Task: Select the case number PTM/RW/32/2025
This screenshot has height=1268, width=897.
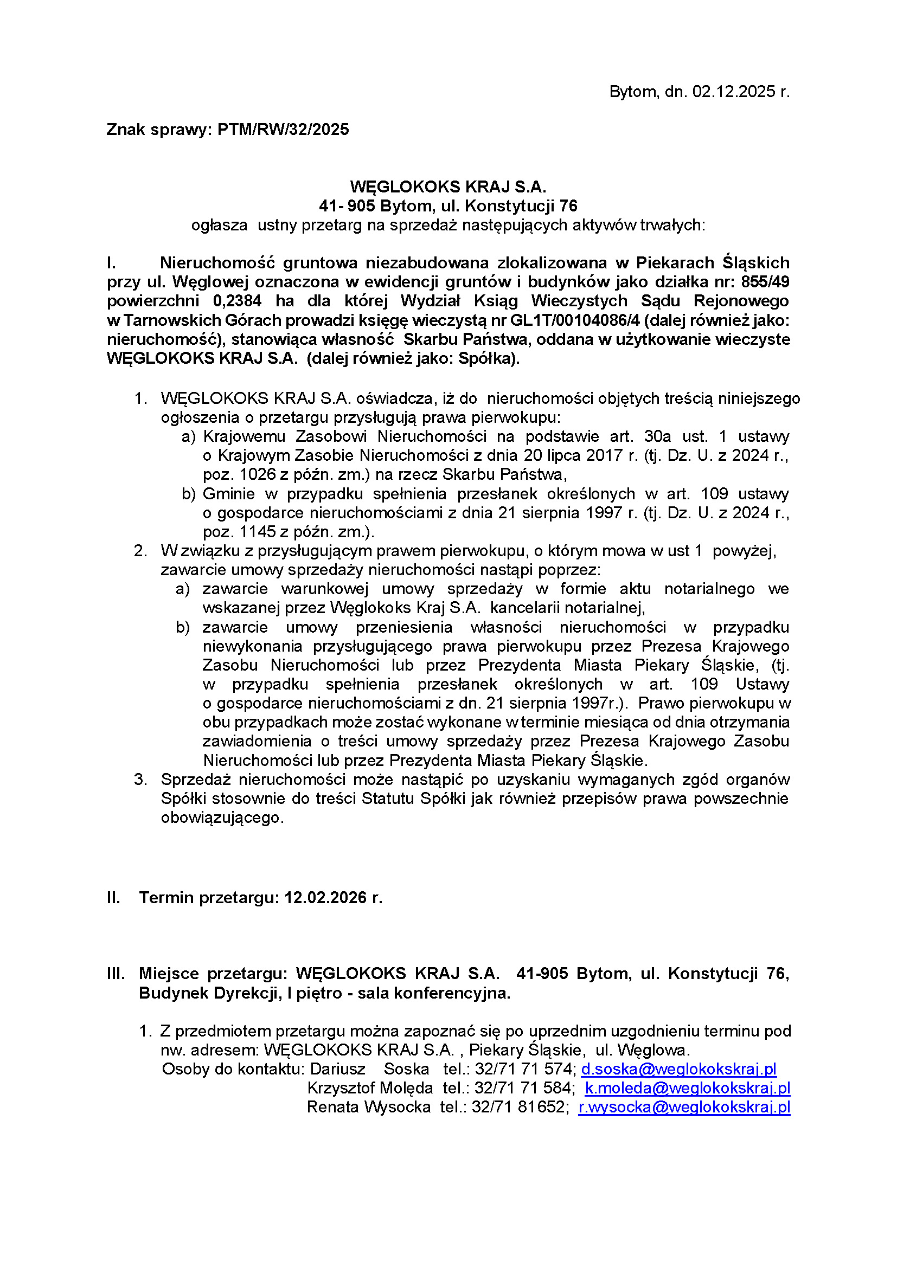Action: [x=283, y=130]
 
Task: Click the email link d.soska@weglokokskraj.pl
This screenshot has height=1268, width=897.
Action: [x=678, y=1069]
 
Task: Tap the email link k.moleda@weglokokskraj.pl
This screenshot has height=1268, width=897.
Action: [x=687, y=1088]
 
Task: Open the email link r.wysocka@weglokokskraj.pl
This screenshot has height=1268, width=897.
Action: [x=684, y=1108]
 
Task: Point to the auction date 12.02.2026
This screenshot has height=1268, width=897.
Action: [x=326, y=897]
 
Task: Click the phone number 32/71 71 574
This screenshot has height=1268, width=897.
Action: [x=524, y=1069]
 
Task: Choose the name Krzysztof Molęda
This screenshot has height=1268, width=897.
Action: [x=370, y=1088]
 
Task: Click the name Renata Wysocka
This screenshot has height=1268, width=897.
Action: [x=369, y=1108]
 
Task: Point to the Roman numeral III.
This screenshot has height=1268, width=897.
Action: [x=116, y=974]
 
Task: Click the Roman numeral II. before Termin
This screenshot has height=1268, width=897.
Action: [x=113, y=897]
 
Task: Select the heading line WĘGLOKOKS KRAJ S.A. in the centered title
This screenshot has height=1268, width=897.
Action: [x=448, y=186]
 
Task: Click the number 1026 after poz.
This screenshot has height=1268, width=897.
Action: [x=258, y=474]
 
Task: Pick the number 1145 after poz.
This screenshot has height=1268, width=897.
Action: [x=258, y=532]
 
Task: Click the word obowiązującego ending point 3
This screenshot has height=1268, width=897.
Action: [x=221, y=818]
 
